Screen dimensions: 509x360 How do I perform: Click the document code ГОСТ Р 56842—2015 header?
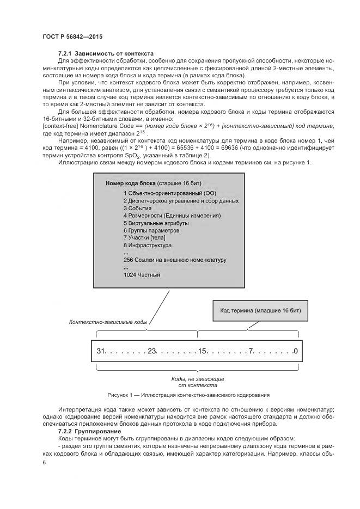pos(72,37)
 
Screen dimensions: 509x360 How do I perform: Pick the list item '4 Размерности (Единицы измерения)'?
pos(172,216)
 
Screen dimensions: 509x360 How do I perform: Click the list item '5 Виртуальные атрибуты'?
pos(156,223)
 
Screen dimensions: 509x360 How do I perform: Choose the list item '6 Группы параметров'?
pos(151,230)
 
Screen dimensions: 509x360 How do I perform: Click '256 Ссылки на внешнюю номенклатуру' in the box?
pos(174,260)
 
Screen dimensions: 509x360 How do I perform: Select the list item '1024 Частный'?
pos(142,275)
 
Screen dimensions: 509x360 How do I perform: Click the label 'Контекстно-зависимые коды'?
pos(108,322)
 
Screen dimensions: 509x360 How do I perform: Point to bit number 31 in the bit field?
pos(100,351)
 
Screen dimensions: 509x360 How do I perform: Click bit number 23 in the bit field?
pos(152,351)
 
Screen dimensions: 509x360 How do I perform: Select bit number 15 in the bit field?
pos(202,351)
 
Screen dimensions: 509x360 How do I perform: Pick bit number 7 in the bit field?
pos(252,351)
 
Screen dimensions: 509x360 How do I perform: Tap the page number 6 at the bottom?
pos(44,462)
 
